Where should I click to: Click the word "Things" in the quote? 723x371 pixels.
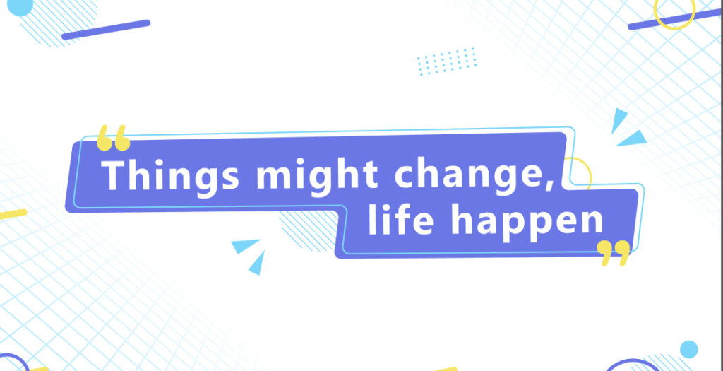(171, 176)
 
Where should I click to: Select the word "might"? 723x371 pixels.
(317, 176)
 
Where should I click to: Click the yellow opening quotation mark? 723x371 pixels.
(114, 138)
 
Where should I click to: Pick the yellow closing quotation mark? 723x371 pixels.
(614, 253)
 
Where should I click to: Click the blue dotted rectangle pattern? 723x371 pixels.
(447, 61)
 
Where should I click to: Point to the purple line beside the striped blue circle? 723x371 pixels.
(106, 30)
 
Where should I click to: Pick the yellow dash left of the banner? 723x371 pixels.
(13, 215)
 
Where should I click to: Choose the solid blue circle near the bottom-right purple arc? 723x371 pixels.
(689, 349)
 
